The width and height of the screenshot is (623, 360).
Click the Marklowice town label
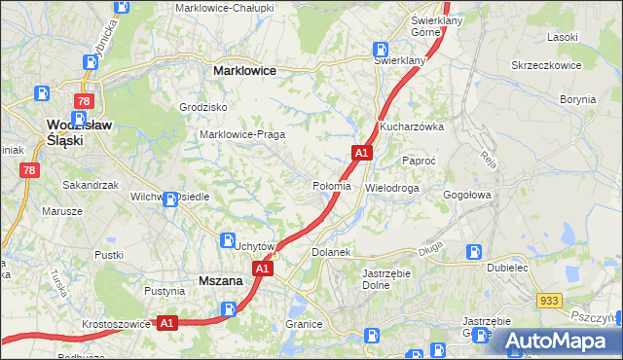(244, 71)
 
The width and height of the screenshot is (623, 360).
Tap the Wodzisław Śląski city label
(80, 131)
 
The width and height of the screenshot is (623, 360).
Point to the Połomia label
(331, 187)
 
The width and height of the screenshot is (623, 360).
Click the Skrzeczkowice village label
(546, 65)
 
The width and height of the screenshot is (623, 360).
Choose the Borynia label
(578, 99)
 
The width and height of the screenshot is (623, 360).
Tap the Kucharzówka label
(412, 126)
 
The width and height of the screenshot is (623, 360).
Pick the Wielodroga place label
(392, 187)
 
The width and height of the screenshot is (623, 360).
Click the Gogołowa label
(469, 195)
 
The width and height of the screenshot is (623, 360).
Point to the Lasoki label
(563, 37)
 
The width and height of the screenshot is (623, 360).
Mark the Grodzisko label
(203, 107)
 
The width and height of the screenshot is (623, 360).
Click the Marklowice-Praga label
(241, 134)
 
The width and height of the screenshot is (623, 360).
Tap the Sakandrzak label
(91, 184)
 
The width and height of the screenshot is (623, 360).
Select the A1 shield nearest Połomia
(361, 153)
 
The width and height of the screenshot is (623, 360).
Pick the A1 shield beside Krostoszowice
(166, 323)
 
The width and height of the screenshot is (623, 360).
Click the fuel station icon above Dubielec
(475, 251)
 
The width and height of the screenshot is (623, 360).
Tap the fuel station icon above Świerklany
(380, 50)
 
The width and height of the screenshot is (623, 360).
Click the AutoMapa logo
(559, 341)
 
